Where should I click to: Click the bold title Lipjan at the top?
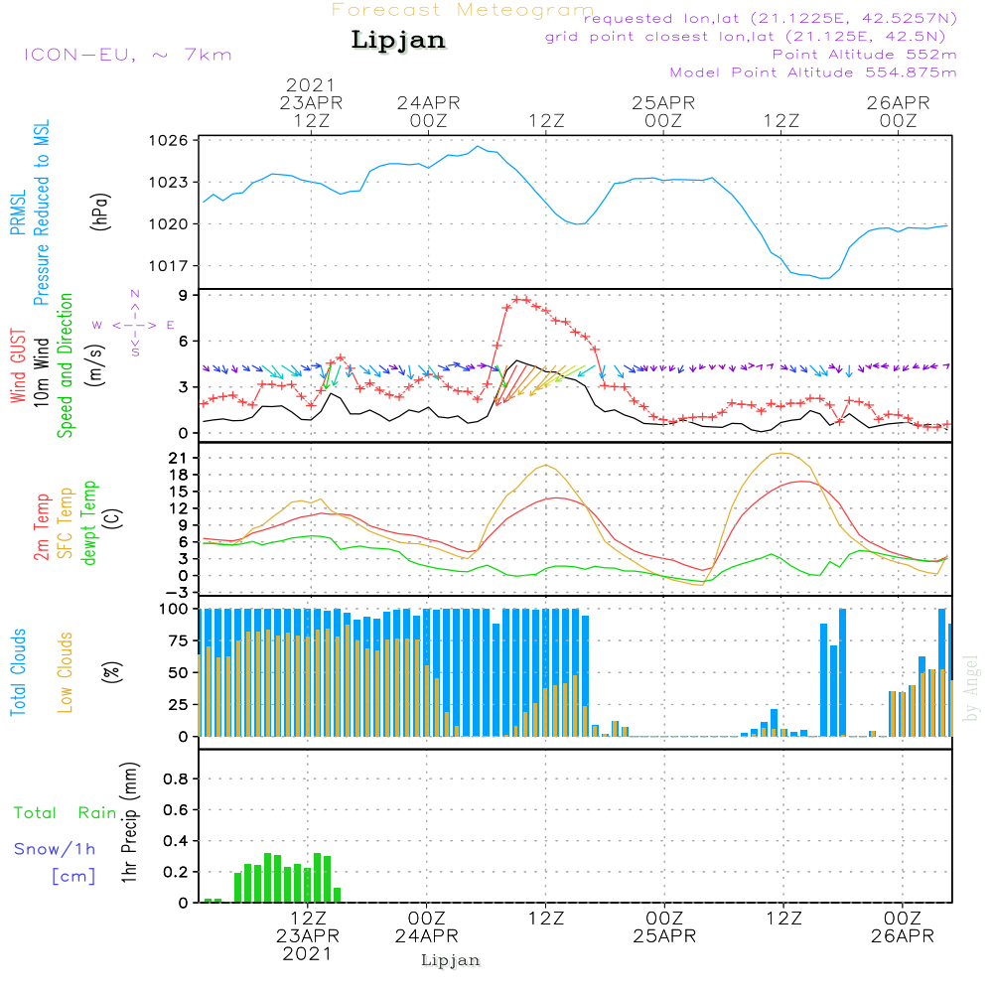(x=398, y=41)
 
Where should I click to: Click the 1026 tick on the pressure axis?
(x=169, y=141)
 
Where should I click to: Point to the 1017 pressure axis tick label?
(x=169, y=266)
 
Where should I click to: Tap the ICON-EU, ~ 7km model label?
(x=128, y=55)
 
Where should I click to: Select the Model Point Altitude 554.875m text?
(x=813, y=72)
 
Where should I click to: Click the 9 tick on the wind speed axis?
(x=183, y=295)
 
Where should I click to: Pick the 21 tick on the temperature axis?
(x=178, y=458)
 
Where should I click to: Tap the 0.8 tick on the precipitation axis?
(x=176, y=779)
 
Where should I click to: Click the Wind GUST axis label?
(x=18, y=365)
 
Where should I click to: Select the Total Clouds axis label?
(x=18, y=672)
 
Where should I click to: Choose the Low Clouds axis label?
(x=66, y=672)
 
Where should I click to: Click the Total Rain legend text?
(x=66, y=812)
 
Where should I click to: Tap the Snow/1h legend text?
(x=55, y=849)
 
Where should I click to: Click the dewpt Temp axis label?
(x=89, y=522)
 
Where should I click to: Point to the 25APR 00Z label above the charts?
(x=663, y=111)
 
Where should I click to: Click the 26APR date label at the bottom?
(x=902, y=936)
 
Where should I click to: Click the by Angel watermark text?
(x=970, y=688)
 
